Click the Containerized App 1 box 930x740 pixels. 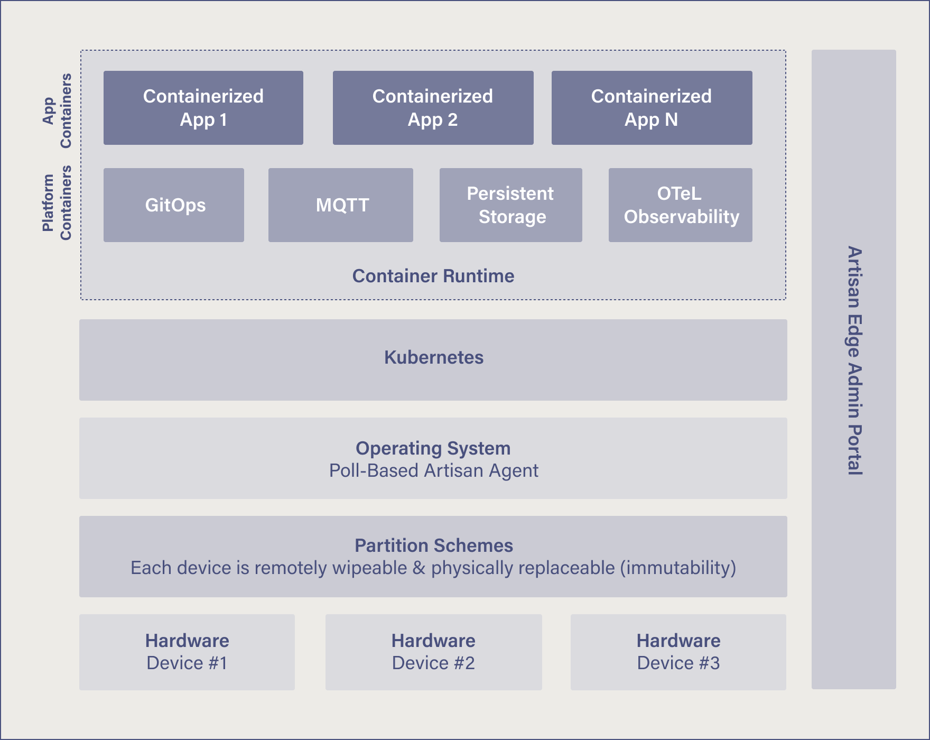click(203, 108)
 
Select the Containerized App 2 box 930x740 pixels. click(433, 108)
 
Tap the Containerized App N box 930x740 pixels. click(652, 108)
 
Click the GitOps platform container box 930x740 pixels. click(174, 205)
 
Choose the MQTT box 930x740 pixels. click(341, 205)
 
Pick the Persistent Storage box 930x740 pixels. click(511, 205)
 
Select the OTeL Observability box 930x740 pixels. click(681, 205)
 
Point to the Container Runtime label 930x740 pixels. click(433, 276)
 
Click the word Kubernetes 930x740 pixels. click(434, 357)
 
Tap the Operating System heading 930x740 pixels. click(433, 448)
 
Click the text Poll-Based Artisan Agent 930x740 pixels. click(433, 470)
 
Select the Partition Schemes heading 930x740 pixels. click(433, 545)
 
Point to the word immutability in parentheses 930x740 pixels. click(678, 568)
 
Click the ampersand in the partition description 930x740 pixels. click(419, 568)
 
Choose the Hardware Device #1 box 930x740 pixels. click(187, 652)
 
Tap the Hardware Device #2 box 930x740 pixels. click(433, 652)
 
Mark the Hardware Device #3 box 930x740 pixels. click(678, 652)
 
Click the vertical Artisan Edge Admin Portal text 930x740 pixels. click(854, 360)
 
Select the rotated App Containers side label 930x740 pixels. click(57, 111)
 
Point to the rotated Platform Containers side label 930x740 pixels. click(57, 203)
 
